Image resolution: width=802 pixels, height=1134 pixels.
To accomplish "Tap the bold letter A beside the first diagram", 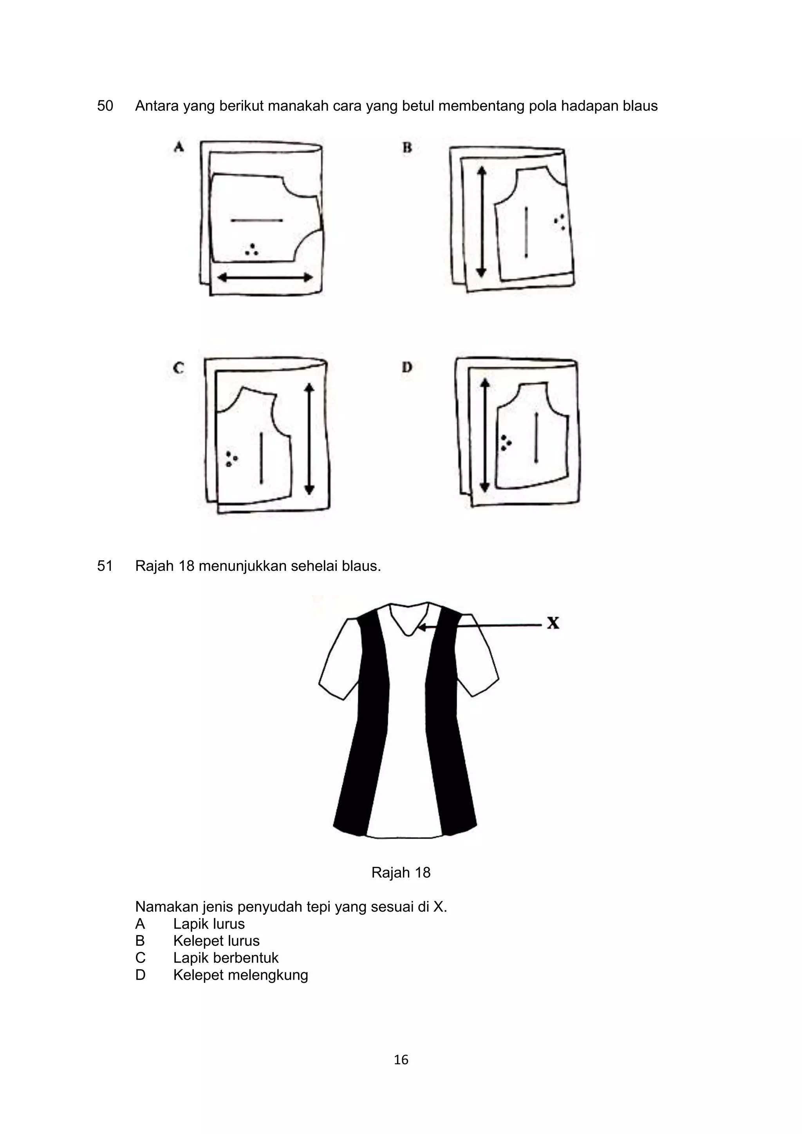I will point(179,147).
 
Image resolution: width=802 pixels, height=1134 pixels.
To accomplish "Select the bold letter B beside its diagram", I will point(407,147).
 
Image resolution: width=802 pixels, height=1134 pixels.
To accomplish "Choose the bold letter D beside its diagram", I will point(407,367).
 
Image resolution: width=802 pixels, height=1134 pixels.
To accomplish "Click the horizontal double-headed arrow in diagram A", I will point(265,278).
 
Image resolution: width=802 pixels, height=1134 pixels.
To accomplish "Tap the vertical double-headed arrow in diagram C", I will point(309,439).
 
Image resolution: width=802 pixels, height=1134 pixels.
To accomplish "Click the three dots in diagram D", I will point(506,442).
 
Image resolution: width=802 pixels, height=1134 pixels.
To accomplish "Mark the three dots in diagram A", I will point(252,250).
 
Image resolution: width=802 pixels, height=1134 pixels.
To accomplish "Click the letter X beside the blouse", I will point(553,623).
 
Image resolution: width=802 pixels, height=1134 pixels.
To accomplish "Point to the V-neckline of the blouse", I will point(409,625).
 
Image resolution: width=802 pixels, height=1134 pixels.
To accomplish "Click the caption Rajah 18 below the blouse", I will point(401,873).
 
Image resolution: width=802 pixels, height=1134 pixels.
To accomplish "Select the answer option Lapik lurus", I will point(209,924).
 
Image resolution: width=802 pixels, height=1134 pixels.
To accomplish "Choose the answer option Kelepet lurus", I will point(216,941).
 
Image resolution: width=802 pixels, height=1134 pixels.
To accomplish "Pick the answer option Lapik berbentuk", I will point(226,958).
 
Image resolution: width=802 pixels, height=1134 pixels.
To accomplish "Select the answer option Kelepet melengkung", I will point(240,975).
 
